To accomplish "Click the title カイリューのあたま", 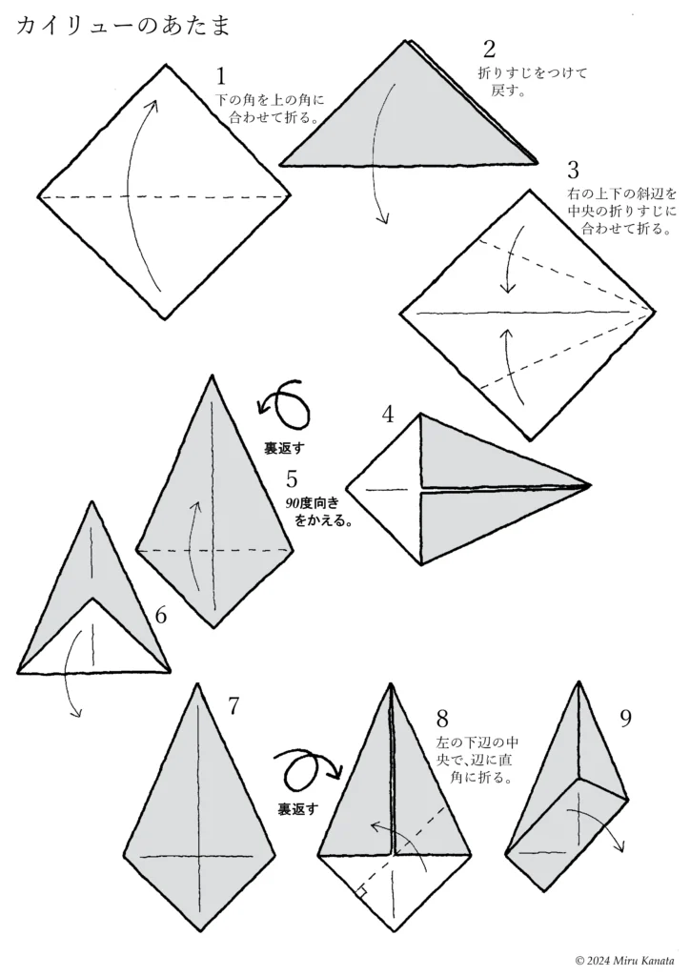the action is pyautogui.click(x=123, y=25).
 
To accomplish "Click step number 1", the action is pyautogui.click(x=221, y=76).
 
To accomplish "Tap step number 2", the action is pyautogui.click(x=489, y=49).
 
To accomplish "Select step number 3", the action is pyautogui.click(x=573, y=170).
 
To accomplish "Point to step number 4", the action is pyautogui.click(x=388, y=415).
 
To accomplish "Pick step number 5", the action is pyautogui.click(x=292, y=478).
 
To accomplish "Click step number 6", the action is pyautogui.click(x=161, y=616).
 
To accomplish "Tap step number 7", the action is pyautogui.click(x=233, y=706).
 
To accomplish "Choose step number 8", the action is pyautogui.click(x=442, y=719).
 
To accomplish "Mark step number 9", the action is pyautogui.click(x=625, y=719).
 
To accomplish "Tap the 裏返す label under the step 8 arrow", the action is pyautogui.click(x=297, y=809).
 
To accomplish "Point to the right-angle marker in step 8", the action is pyautogui.click(x=360, y=892).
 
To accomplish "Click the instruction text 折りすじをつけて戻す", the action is pyautogui.click(x=532, y=82).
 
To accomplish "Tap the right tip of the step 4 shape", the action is pyautogui.click(x=591, y=485).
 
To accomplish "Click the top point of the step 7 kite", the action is pyautogui.click(x=198, y=684).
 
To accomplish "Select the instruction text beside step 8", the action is pyautogui.click(x=477, y=760).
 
